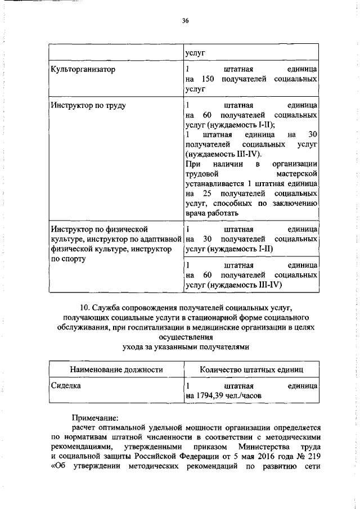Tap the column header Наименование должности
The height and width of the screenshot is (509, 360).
point(116,370)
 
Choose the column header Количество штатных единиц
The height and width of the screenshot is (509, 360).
point(251,370)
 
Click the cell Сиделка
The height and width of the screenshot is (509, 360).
point(66,386)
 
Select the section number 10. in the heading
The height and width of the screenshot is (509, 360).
point(85,307)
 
